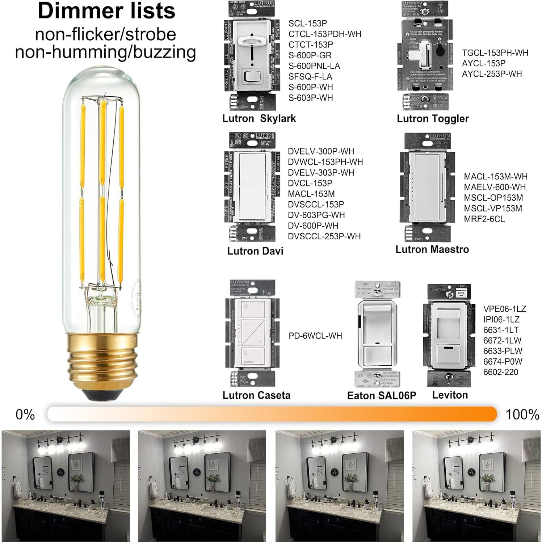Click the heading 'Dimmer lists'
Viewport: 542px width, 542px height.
106,11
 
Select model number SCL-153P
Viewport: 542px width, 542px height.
307,24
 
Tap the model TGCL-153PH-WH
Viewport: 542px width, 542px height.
495,53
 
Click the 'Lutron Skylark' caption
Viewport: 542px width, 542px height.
259,118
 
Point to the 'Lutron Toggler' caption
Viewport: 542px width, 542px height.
432,118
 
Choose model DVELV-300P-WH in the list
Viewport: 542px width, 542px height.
320,151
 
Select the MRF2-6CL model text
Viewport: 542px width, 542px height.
484,219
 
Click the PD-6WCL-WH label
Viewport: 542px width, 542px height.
315,336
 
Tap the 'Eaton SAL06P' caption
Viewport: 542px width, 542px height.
381,395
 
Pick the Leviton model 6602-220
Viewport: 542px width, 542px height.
500,372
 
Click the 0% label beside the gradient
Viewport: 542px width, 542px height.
25,414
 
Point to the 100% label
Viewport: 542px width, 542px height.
522,414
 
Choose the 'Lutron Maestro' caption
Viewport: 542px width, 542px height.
432,249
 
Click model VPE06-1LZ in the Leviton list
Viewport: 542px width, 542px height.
504,309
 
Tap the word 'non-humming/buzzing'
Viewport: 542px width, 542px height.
105,52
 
